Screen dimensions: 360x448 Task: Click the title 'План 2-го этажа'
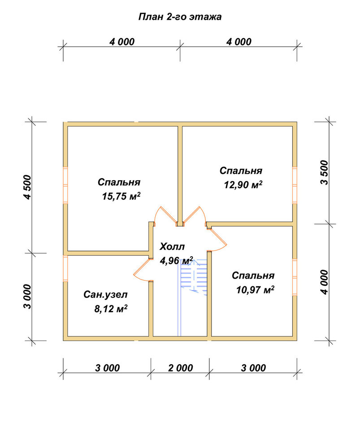tap(180, 17)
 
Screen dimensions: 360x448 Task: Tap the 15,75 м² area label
tap(121, 196)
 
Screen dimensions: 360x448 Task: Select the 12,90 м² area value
tap(243, 185)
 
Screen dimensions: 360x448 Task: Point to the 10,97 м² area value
tap(256, 290)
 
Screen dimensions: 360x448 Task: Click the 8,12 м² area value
tap(111, 309)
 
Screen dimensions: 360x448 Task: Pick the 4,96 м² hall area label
tap(177, 261)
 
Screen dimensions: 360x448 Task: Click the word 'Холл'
tap(172, 246)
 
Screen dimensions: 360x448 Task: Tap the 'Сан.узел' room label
tap(105, 295)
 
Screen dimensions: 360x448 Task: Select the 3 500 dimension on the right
tap(325, 172)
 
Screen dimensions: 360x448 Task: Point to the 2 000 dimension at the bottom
tap(180, 368)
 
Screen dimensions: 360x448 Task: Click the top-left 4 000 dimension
tap(122, 42)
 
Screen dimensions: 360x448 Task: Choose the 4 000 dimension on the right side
tap(325, 282)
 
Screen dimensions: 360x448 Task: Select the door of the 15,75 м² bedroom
tap(165, 215)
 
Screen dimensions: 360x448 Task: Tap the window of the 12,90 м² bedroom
tap(295, 185)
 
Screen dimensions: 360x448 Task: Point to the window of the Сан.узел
tap(65, 268)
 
